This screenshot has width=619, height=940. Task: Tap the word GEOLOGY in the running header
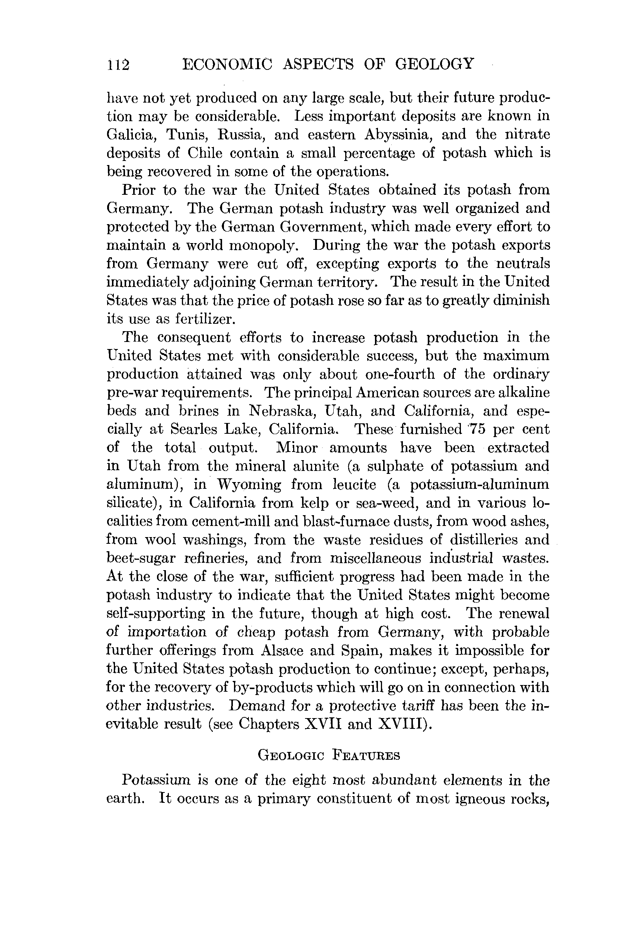click(434, 64)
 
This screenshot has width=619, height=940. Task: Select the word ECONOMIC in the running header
click(227, 64)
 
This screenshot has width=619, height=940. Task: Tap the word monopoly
click(264, 246)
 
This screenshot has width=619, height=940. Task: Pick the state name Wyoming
click(249, 485)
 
